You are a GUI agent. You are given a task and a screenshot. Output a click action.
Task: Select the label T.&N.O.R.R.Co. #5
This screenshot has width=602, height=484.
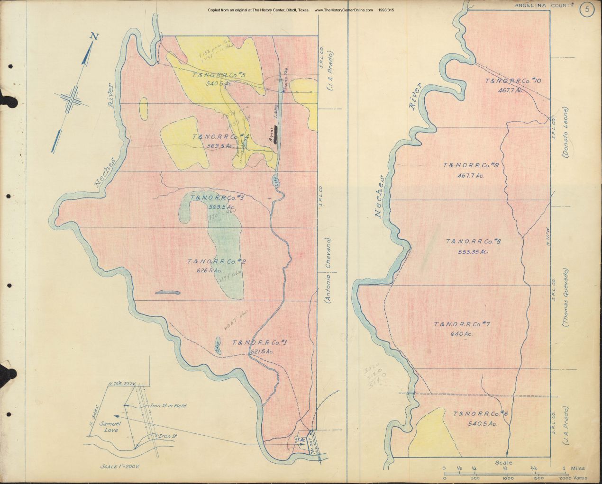pyautogui.click(x=219, y=75)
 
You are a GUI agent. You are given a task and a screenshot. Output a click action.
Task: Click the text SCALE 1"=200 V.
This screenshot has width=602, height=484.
pyautogui.click(x=118, y=466)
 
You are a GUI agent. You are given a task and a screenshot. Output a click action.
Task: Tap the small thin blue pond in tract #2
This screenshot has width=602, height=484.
pyautogui.click(x=168, y=293)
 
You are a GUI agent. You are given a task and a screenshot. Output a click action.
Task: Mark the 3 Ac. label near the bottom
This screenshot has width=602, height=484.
pyautogui.click(x=301, y=440)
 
